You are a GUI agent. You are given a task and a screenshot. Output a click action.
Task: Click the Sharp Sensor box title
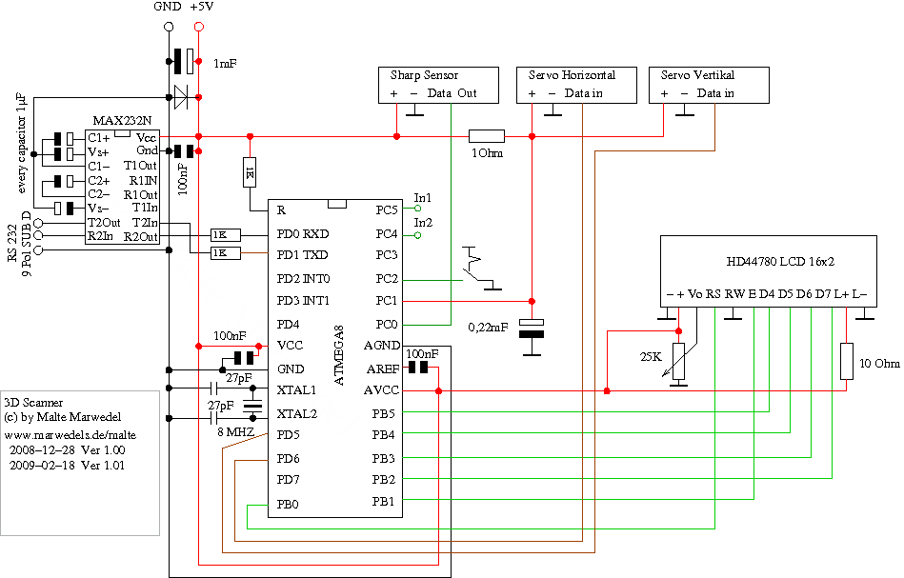(x=424, y=75)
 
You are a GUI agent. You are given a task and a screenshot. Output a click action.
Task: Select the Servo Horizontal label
(x=572, y=75)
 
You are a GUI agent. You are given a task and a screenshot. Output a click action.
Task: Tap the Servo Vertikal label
(x=697, y=75)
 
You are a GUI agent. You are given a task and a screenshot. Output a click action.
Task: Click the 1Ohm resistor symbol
(x=487, y=136)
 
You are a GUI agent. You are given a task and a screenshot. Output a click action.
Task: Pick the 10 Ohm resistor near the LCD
(x=846, y=363)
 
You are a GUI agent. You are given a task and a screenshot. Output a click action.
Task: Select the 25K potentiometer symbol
(x=678, y=360)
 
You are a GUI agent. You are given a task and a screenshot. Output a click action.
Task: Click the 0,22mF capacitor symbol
(x=535, y=328)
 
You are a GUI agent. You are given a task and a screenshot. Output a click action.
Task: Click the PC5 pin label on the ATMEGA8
(x=387, y=210)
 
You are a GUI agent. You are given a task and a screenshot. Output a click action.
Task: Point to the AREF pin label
(x=382, y=369)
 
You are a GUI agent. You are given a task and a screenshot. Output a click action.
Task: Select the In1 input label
(x=423, y=198)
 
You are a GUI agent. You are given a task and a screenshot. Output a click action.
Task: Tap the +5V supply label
(x=201, y=8)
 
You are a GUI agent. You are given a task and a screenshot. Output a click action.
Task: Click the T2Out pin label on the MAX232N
(x=104, y=223)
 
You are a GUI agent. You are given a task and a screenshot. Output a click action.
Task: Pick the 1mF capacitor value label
(x=225, y=63)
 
